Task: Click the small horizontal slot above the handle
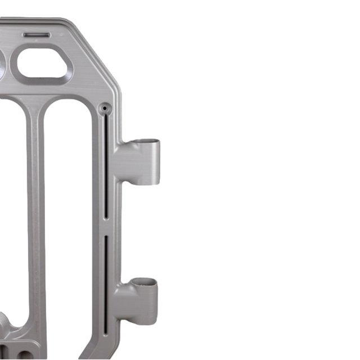click(x=37, y=35)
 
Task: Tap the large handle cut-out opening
click(x=44, y=64)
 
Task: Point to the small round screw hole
click(x=103, y=107)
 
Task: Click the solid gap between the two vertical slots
click(x=106, y=227)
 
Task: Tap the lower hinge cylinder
click(x=147, y=301)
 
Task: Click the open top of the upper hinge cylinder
click(x=148, y=141)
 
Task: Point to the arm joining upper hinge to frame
click(x=127, y=160)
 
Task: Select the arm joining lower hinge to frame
click(x=125, y=301)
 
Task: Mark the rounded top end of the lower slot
click(x=106, y=237)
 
